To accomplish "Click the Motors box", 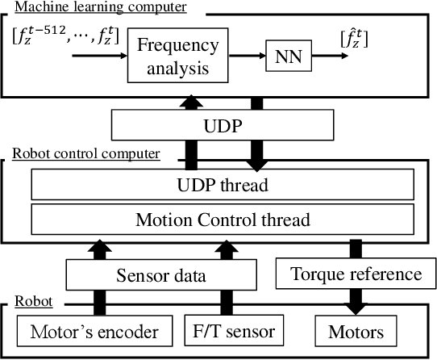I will pos(356,331).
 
